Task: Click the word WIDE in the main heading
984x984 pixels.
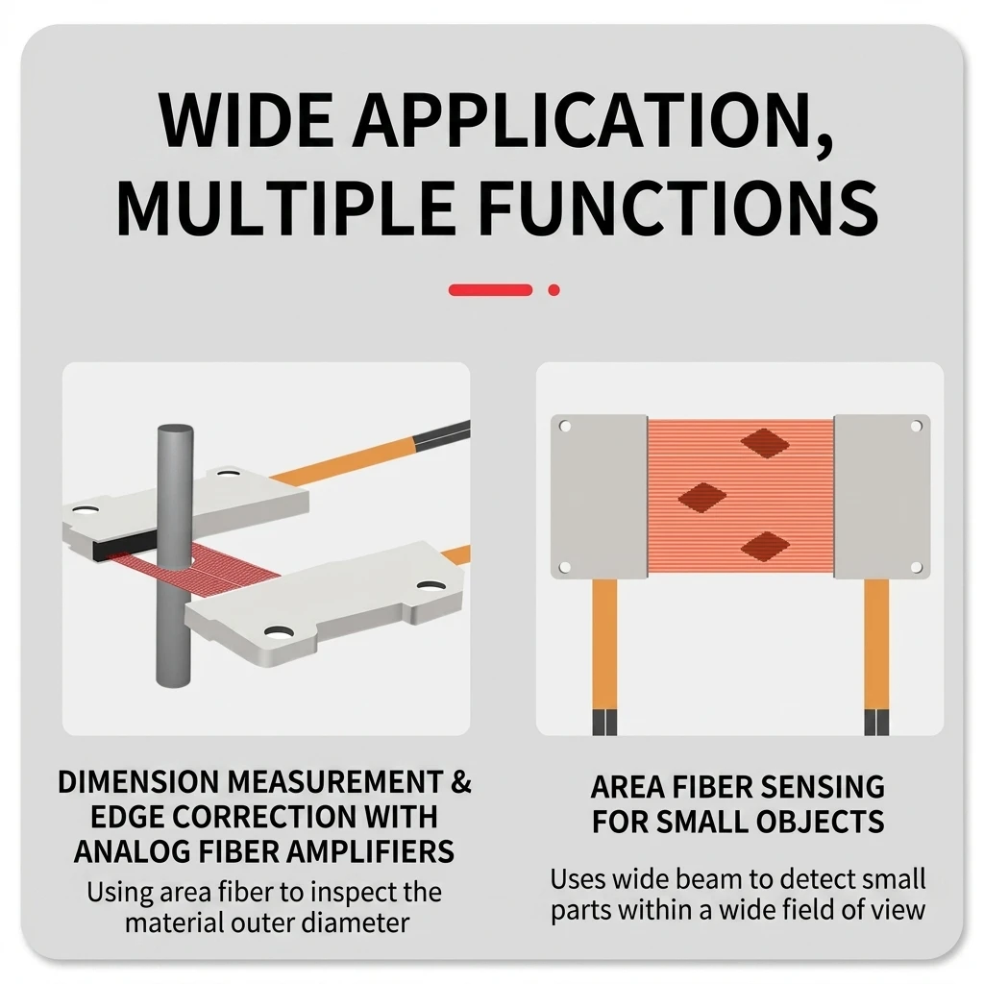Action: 246,119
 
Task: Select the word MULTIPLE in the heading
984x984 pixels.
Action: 286,207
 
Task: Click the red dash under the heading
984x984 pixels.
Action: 490,290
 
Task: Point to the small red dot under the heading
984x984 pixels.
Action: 553,290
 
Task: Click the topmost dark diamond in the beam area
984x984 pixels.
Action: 765,444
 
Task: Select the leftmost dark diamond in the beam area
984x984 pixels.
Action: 702,497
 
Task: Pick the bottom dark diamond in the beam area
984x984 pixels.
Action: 765,547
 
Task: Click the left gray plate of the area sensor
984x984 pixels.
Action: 600,497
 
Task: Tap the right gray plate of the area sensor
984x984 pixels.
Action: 882,497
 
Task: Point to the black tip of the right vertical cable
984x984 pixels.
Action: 876,723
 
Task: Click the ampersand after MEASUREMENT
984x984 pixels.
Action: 461,782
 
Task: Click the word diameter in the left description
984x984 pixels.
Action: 356,922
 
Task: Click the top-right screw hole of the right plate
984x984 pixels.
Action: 916,427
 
